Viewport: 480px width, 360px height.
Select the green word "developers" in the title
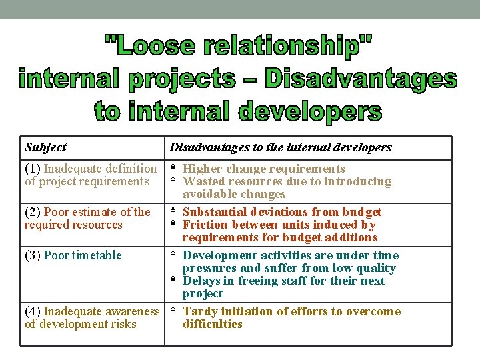click(x=310, y=111)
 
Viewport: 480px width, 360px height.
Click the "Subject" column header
click(x=45, y=147)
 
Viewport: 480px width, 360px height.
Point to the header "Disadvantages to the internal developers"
click(x=281, y=147)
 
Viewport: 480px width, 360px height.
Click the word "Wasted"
click(x=203, y=181)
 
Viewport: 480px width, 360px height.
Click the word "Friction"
click(x=205, y=225)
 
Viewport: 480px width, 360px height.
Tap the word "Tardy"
click(x=199, y=311)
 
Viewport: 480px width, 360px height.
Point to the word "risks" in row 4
click(x=123, y=324)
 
